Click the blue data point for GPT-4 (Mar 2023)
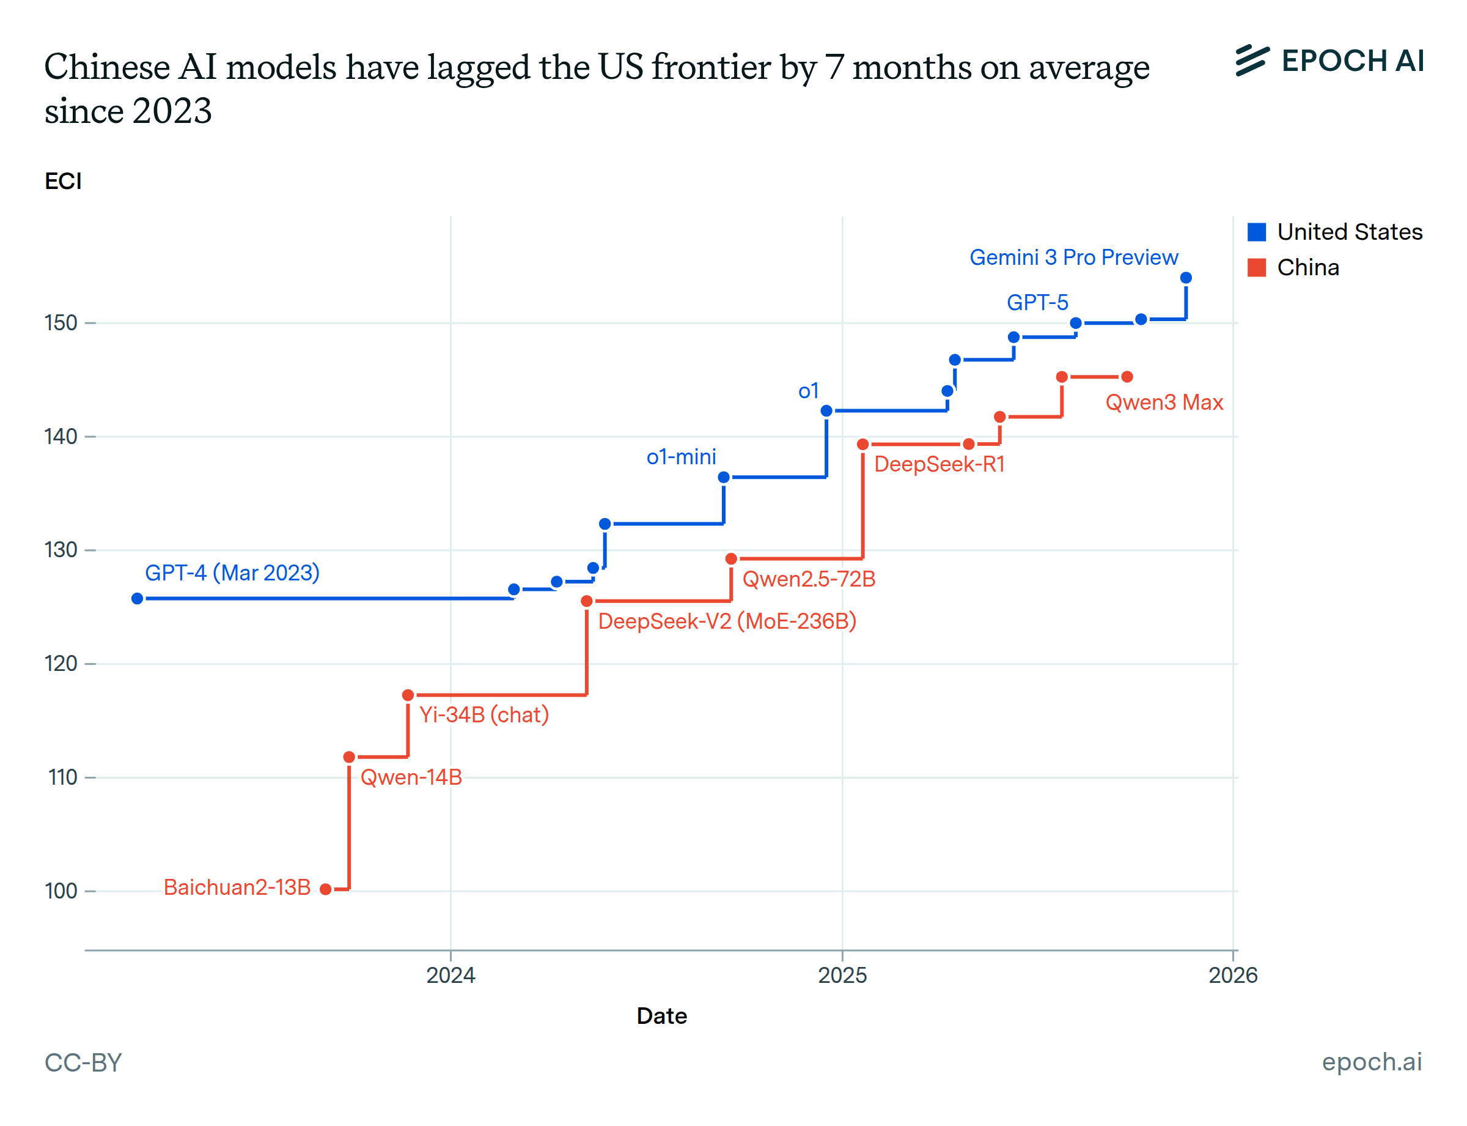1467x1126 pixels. pos(138,599)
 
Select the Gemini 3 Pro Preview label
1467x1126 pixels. pos(1073,257)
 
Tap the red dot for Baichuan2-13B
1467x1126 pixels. pos(326,889)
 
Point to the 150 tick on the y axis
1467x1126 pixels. pos(62,323)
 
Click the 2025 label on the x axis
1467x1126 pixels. pos(842,975)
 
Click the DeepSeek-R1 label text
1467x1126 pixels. pos(939,464)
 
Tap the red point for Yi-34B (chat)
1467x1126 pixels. pos(408,695)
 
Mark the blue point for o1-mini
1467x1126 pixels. pos(724,477)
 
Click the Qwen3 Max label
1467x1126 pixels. pos(1164,402)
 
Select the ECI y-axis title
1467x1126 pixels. pos(63,182)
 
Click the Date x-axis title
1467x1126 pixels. pos(661,1016)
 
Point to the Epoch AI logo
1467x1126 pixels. pos(1329,61)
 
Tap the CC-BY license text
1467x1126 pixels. pos(83,1063)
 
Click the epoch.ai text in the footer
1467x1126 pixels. pos(1370,1062)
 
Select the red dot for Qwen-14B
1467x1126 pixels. pos(349,757)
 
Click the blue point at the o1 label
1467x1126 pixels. pos(826,411)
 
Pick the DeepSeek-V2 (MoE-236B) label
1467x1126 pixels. pos(727,621)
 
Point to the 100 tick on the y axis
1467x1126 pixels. pos(62,891)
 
